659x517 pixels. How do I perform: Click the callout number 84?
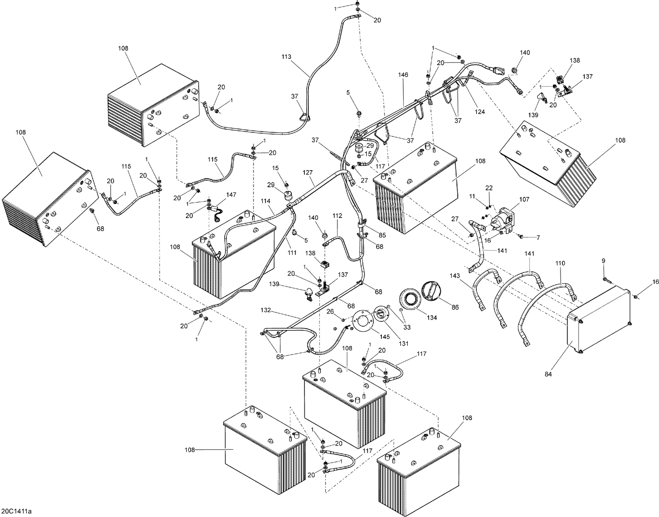tap(548, 374)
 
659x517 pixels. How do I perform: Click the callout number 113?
tap(286, 56)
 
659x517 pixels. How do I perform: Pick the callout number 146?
tap(403, 75)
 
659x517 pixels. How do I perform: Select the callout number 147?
tap(231, 194)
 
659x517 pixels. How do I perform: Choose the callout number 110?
tap(560, 263)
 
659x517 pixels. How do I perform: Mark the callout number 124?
tap(480, 112)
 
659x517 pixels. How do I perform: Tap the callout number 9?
tap(604, 261)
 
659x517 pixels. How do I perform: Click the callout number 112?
tap(337, 216)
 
